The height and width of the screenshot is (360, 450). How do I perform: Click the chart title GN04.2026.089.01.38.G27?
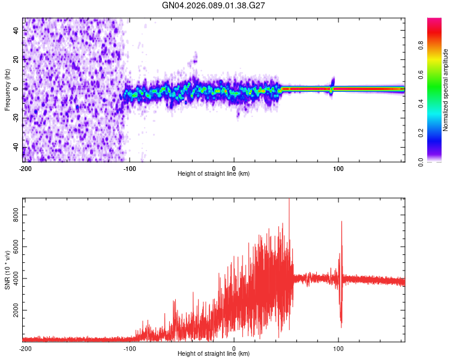214,5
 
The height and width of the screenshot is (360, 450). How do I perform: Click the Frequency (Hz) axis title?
7,89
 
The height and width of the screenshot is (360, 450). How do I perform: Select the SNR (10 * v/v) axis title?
7,270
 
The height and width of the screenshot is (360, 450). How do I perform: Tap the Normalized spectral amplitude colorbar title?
446,90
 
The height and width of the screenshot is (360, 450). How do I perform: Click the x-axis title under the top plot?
214,173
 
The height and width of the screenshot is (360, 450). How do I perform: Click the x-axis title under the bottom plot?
214,353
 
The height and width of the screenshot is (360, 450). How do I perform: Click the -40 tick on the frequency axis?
15,148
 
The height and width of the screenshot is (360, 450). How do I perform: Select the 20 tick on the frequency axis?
15,59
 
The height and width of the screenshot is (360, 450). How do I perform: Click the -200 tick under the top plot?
25,167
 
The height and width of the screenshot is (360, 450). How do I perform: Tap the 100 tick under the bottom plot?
338,348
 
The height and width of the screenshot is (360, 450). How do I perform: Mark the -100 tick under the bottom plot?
130,348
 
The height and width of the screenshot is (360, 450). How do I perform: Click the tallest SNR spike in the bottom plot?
289,200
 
